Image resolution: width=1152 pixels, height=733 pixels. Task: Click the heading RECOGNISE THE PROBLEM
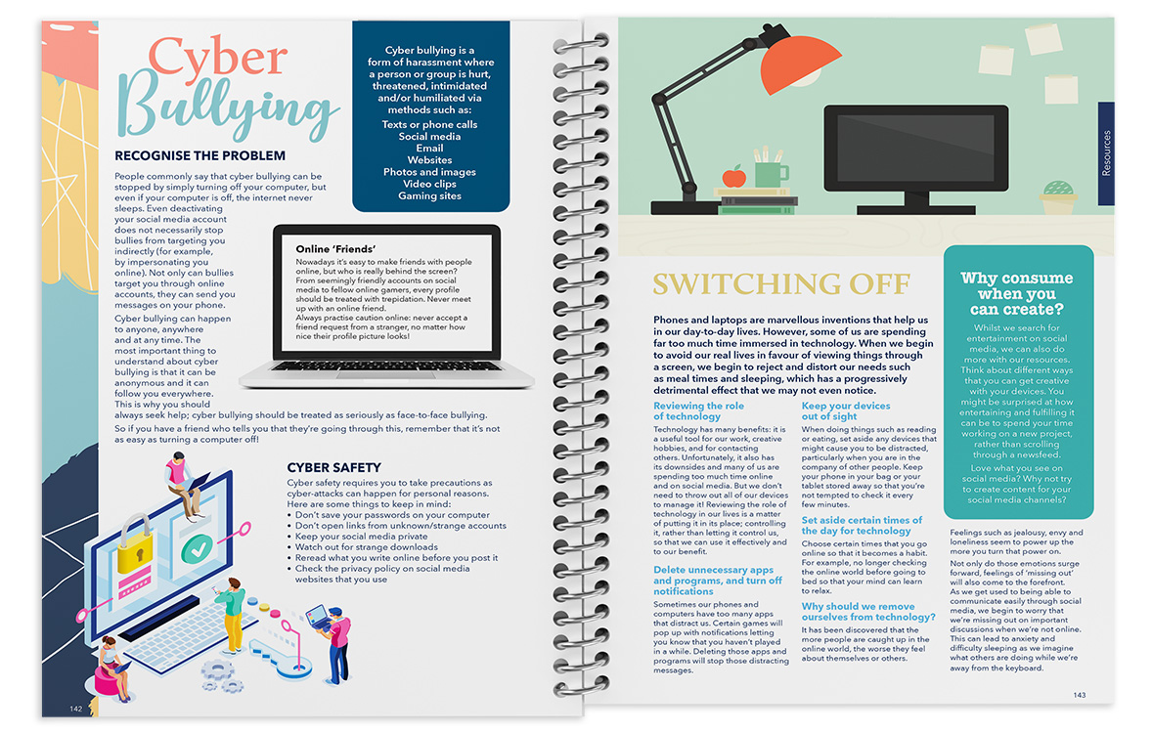pos(199,155)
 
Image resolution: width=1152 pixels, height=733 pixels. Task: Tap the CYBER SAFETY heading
pos(333,468)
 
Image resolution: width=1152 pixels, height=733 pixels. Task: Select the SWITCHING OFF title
pos(781,284)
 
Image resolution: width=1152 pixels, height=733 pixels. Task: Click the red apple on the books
pos(733,176)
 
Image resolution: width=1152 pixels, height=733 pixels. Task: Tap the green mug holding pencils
pos(770,173)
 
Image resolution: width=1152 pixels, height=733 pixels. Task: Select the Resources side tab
pos(1106,153)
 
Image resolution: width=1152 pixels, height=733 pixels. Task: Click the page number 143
pos(1079,695)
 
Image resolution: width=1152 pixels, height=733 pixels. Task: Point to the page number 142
pos(75,709)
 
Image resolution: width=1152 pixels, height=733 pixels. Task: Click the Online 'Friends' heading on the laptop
pos(335,249)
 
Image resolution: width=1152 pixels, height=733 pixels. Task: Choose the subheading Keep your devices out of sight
pos(846,410)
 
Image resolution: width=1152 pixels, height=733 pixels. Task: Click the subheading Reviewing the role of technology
pos(698,410)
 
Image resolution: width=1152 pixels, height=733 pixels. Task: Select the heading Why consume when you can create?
pos(1016,293)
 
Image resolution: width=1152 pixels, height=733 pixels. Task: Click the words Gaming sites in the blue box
pos(429,196)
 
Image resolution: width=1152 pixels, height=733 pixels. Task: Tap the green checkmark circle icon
pos(197,548)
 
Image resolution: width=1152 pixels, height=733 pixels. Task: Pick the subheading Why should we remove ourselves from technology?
pos(868,612)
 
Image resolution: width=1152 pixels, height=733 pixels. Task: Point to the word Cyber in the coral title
pos(217,59)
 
